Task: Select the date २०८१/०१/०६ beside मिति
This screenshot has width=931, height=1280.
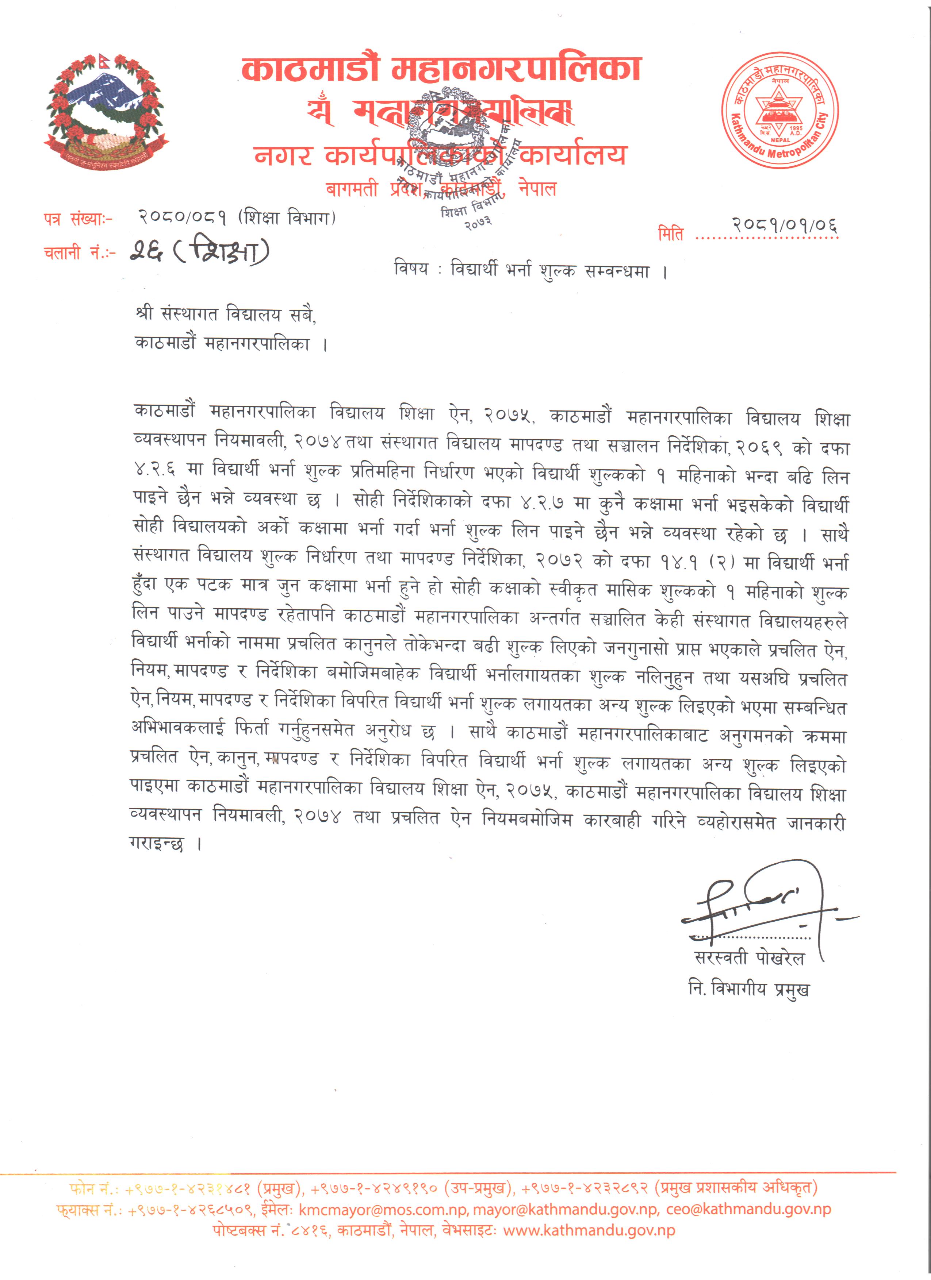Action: [x=785, y=226]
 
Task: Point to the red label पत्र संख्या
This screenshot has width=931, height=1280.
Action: [x=77, y=219]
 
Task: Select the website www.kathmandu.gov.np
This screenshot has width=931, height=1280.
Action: [x=589, y=1230]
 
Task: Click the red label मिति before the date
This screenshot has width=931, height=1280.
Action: [x=671, y=233]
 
